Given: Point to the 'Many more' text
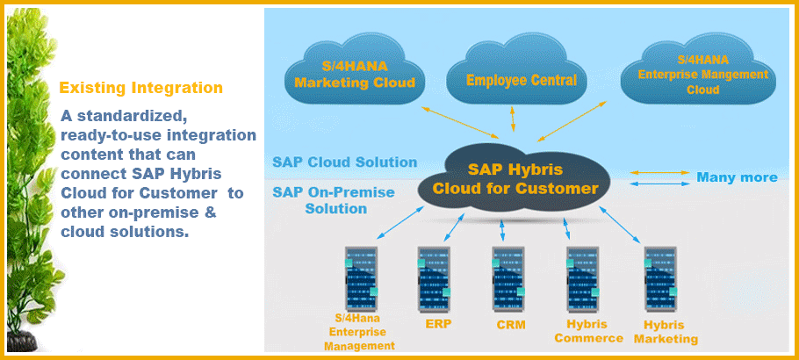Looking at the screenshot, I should tap(737, 177).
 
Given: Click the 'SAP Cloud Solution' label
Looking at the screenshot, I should tap(344, 162).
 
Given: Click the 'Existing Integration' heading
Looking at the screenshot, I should tap(140, 88).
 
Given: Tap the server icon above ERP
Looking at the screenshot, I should tap(433, 276).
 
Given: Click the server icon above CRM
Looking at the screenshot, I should tap(509, 276).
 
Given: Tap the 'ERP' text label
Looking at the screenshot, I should tap(433, 325).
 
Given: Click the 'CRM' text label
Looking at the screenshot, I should tap(509, 325).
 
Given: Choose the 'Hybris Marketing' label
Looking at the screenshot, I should tap(665, 331).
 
